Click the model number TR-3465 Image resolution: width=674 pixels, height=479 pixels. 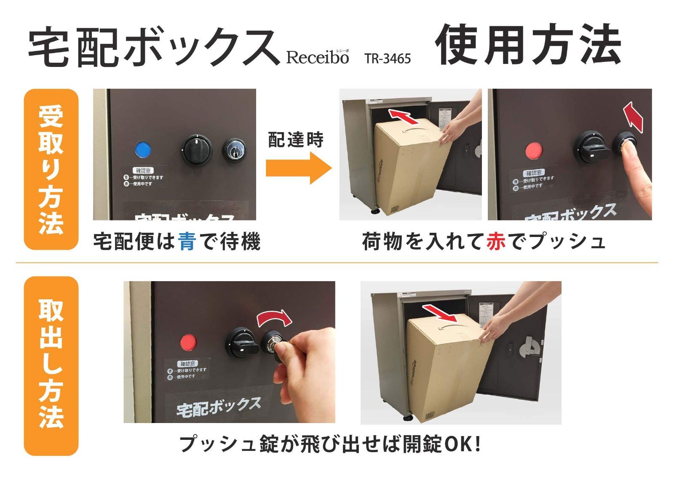(x=388, y=59)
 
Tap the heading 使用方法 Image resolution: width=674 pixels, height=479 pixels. (x=528, y=45)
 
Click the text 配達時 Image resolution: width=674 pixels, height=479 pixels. (x=296, y=140)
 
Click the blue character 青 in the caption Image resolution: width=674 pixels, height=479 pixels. (x=187, y=242)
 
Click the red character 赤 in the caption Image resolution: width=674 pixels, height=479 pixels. (x=496, y=242)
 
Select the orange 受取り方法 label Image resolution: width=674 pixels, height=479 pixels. (x=51, y=169)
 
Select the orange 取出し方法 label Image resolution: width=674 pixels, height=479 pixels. (x=51, y=365)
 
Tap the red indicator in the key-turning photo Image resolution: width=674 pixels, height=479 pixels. (x=189, y=342)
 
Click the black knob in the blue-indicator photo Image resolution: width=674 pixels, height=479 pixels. (x=196, y=149)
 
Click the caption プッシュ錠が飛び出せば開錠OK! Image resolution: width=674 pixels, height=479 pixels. (x=330, y=444)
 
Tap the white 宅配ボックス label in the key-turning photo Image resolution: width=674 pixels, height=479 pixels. (x=219, y=407)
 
